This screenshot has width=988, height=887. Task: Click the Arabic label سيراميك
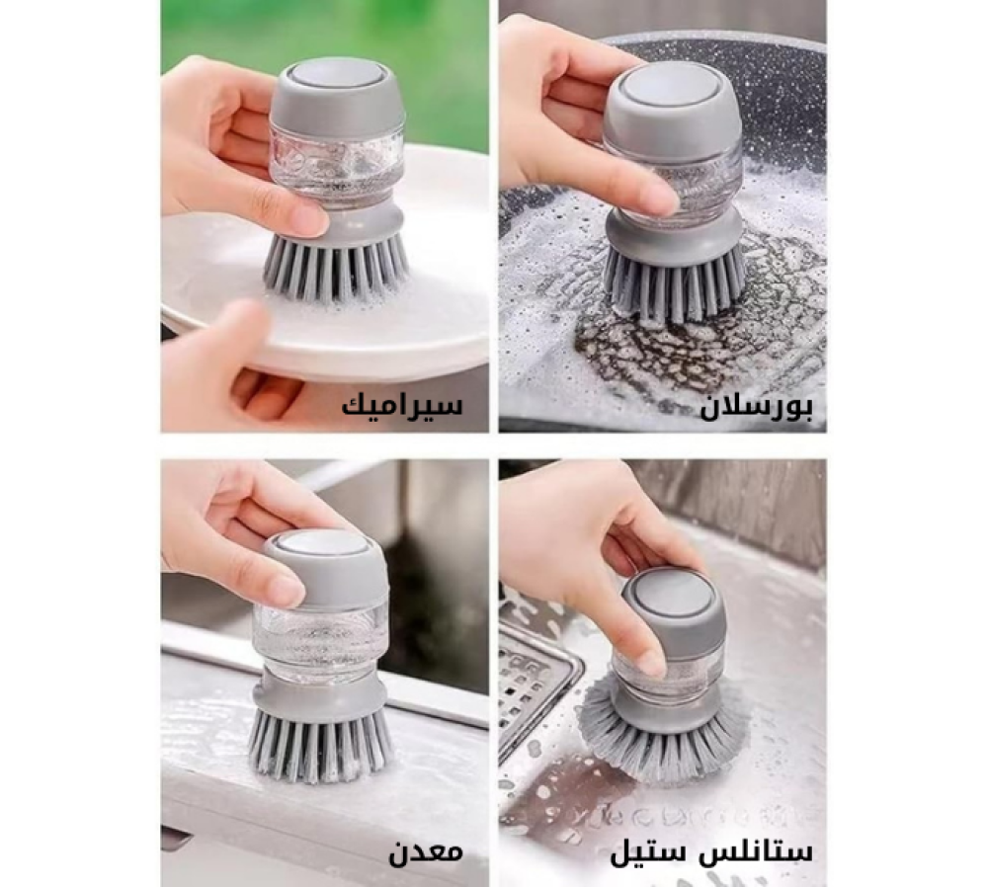tap(402, 405)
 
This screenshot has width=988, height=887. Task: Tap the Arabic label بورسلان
tap(757, 407)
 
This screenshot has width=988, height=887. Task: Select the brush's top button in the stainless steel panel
tap(675, 594)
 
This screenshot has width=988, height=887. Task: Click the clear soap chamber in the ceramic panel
tap(336, 163)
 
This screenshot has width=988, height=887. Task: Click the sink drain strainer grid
tap(534, 682)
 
